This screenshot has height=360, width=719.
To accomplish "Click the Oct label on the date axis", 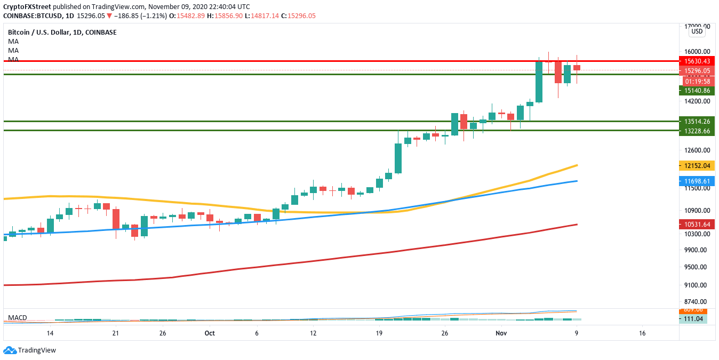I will tap(210, 333).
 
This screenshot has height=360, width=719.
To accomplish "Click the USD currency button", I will tap(697, 31).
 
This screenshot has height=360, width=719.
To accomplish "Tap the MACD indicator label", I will tap(18, 318).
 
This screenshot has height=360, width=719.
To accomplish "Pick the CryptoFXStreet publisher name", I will tap(27, 6).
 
